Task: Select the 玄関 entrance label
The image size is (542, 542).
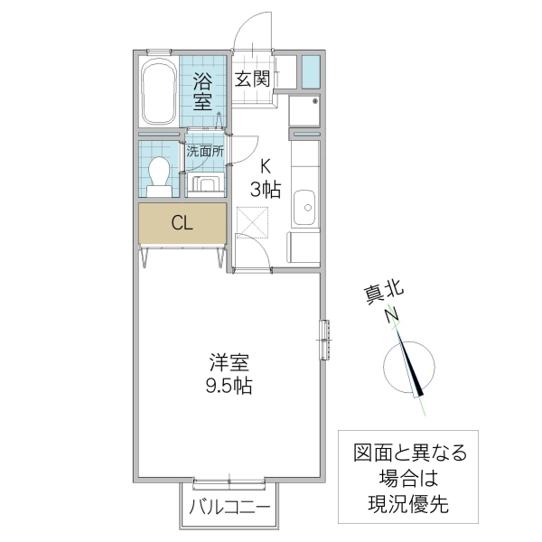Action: coord(253,78)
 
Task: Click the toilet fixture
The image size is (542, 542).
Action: coord(160,174)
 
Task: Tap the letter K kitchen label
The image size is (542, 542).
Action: coord(265,166)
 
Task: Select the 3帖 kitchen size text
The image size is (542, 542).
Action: coord(265,189)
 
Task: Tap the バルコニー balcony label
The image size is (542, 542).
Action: coord(230,508)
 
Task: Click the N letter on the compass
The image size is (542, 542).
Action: coord(392,315)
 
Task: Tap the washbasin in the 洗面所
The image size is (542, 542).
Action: coord(205,185)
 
